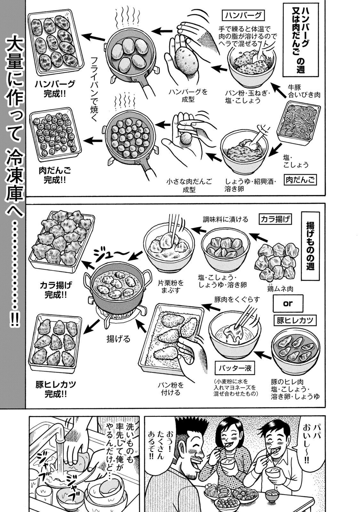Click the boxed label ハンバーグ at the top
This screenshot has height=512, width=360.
243,16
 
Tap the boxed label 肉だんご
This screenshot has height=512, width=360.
300,180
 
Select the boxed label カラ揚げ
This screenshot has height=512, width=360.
275,220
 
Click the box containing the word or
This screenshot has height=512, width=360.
288,304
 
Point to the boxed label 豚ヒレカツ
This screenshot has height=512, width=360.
295,320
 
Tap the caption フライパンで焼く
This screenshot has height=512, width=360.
94,85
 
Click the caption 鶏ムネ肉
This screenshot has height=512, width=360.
280,289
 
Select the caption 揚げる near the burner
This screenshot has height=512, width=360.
118,339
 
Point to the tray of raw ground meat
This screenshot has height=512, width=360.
298,122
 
